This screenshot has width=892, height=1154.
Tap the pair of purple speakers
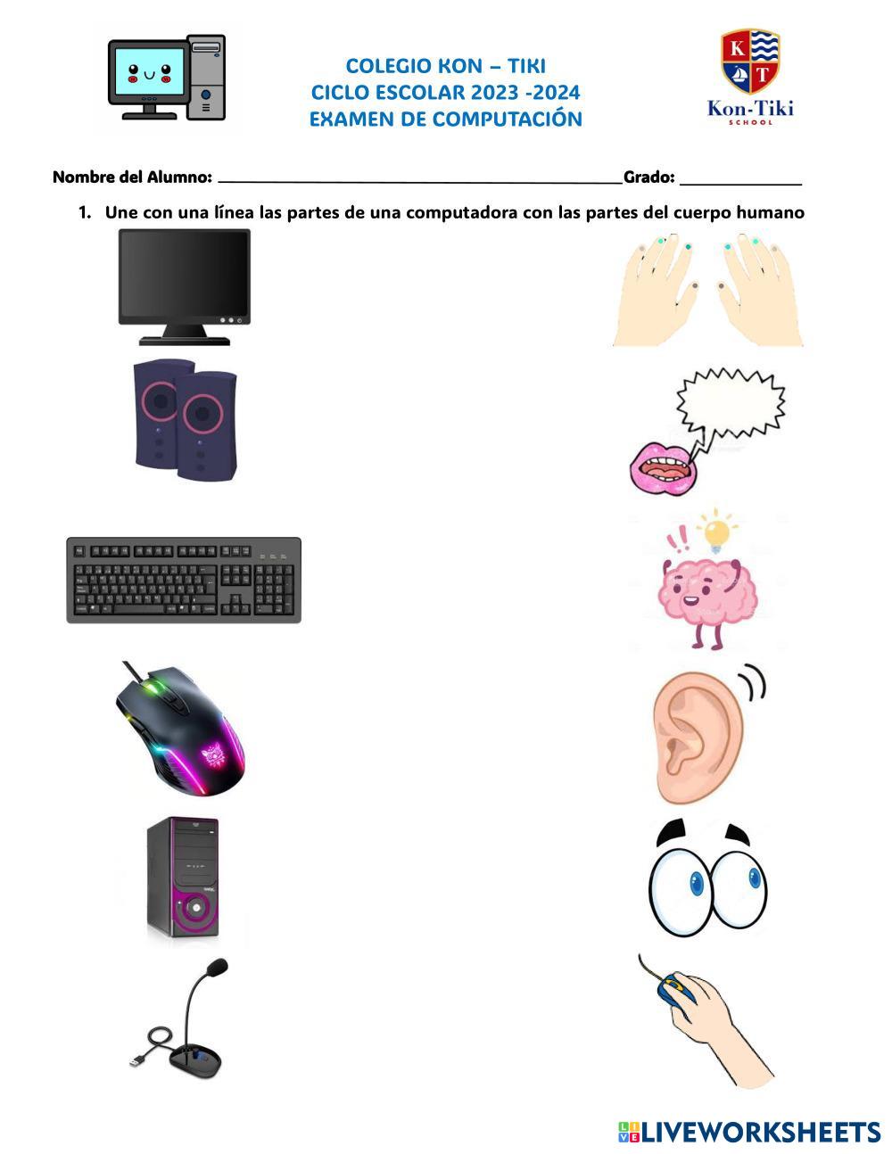[x=186, y=419]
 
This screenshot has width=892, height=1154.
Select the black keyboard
[x=184, y=580]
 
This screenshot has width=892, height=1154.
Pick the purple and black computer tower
[x=183, y=879]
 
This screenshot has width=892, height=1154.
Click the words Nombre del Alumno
[x=132, y=177]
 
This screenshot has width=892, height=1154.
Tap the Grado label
[x=648, y=177]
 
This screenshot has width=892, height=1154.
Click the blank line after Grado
[x=740, y=180]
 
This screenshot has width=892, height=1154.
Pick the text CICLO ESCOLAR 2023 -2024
[x=445, y=92]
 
